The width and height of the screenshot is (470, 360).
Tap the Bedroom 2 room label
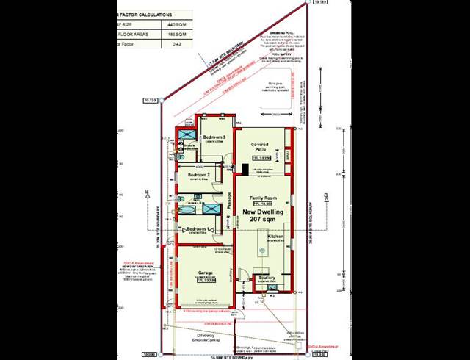199,175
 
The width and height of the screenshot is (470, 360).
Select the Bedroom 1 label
197,229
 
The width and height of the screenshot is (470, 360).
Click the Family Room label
262,198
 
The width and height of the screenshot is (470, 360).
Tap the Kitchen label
275,237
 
